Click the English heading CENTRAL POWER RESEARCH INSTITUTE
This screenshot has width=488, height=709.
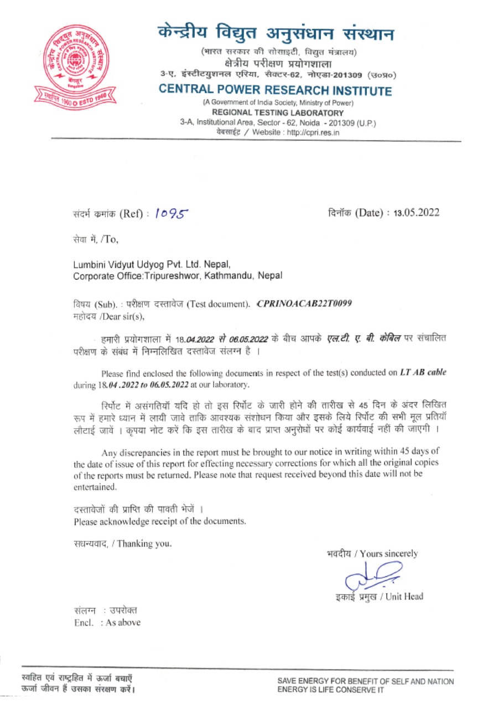275,91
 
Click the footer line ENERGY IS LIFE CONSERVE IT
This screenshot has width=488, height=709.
331,690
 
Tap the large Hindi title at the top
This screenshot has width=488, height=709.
275,34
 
